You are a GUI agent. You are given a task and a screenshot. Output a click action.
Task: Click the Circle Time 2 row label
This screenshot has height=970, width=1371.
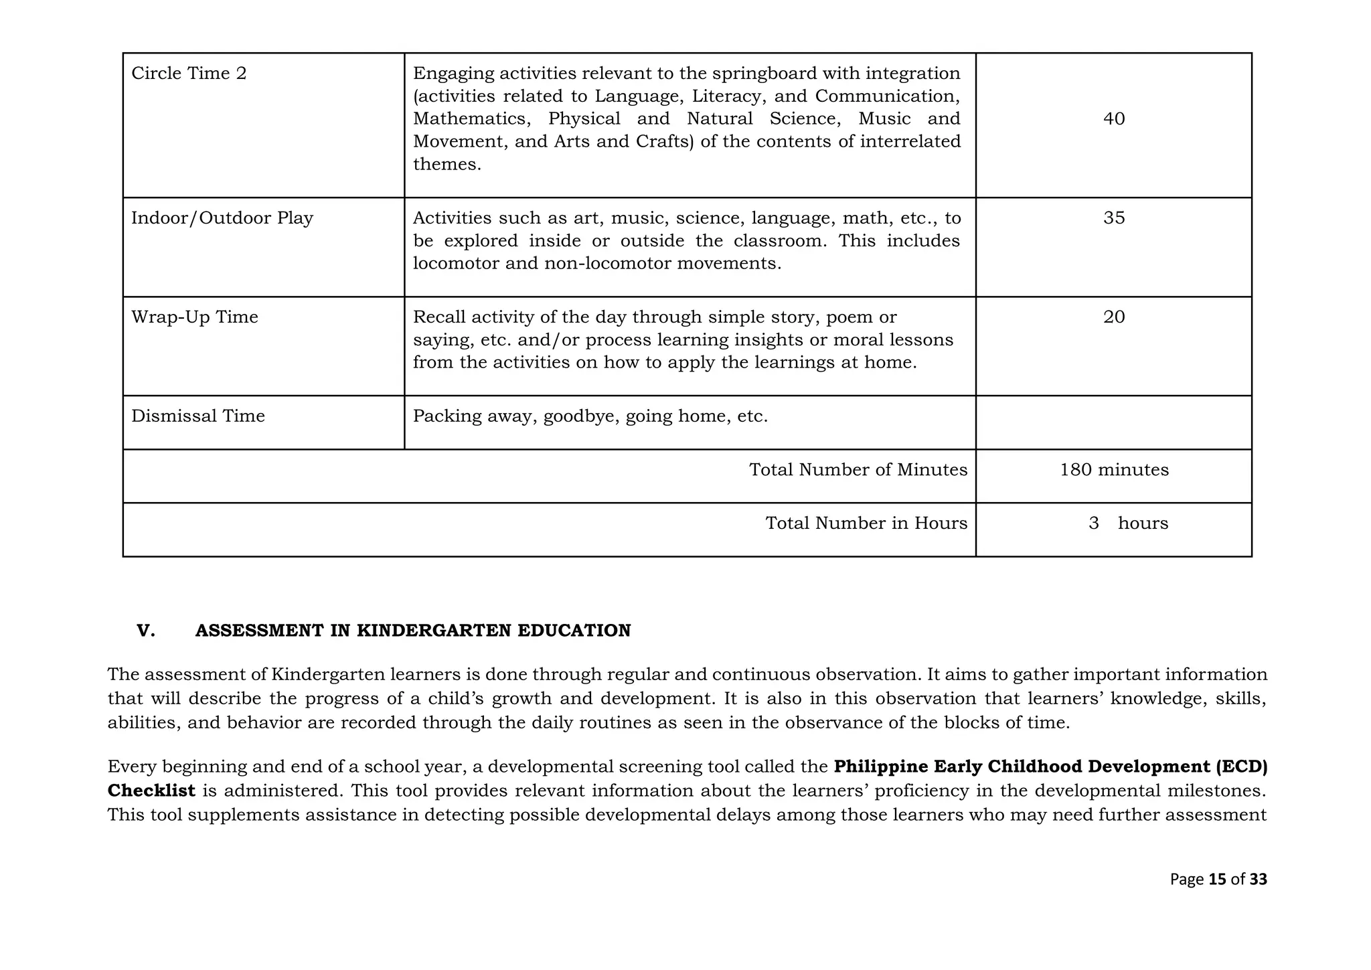[189, 73]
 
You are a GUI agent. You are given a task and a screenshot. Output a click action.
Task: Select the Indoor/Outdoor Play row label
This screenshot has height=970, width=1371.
[222, 218]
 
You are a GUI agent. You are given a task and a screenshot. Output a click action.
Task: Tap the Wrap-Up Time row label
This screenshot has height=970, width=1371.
[195, 317]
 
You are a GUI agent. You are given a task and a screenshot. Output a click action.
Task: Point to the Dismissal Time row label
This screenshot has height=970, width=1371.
[198, 416]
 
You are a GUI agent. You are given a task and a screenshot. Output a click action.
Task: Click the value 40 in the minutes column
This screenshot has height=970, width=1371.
[1114, 119]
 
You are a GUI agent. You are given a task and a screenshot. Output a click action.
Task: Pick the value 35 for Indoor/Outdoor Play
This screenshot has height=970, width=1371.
[1114, 218]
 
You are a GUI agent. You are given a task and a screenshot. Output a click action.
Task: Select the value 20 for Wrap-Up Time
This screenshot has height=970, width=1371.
[1114, 317]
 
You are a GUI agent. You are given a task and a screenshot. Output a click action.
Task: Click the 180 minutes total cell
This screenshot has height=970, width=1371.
[1114, 470]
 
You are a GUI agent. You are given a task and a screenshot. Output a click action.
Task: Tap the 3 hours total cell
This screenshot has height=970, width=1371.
[1128, 523]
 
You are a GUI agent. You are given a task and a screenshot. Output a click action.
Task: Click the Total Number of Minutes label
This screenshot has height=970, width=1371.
[858, 470]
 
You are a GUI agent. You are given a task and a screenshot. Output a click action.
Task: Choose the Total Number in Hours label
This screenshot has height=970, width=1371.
[866, 523]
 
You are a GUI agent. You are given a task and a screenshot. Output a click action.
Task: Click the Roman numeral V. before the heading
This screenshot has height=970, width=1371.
[146, 631]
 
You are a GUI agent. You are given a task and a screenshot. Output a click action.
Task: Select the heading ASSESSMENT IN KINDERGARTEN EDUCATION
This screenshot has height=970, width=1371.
[413, 631]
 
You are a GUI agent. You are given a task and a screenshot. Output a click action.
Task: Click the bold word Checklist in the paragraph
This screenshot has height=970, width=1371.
[151, 791]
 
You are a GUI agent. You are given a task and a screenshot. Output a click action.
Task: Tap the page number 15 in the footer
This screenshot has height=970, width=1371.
[1218, 879]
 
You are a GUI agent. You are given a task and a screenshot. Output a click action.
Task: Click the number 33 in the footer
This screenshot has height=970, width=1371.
[1258, 879]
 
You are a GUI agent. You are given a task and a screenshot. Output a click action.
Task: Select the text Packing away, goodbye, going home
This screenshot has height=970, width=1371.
[590, 416]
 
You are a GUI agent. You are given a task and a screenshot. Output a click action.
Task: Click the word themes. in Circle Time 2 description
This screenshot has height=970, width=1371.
[447, 165]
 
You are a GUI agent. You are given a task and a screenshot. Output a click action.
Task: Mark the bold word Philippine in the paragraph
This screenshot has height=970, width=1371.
[880, 766]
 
